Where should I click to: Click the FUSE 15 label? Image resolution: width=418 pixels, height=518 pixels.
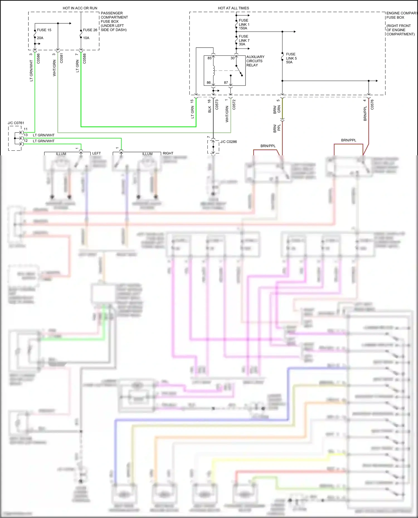tap(44, 30)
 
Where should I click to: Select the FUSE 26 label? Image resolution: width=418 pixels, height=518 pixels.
tap(90, 30)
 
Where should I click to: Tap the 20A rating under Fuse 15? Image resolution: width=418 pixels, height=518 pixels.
tap(40, 38)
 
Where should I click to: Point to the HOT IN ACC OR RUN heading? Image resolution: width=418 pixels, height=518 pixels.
tap(80, 8)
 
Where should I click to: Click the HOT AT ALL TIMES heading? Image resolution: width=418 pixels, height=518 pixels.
tap(233, 8)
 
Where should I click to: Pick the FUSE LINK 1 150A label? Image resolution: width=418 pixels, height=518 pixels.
tap(244, 24)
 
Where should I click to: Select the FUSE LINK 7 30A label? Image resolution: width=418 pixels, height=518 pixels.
tap(244, 40)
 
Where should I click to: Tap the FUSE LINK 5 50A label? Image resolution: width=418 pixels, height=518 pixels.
tap(291, 58)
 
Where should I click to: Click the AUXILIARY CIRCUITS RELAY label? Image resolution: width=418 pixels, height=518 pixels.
tap(255, 61)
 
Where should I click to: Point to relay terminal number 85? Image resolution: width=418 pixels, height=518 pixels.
tap(209, 58)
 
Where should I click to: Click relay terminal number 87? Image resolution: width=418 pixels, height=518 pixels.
tap(226, 83)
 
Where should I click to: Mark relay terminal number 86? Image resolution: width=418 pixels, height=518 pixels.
tap(208, 83)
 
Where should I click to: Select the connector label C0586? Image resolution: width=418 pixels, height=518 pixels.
tap(38, 58)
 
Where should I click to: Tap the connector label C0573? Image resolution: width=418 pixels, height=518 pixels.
tap(217, 105)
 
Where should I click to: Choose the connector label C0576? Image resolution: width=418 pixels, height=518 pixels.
tap(372, 105)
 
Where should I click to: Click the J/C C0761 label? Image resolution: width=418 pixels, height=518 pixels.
tap(16, 123)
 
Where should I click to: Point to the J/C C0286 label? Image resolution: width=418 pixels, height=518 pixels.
tap(228, 142)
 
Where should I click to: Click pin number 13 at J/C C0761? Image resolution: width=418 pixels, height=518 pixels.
tap(26, 135)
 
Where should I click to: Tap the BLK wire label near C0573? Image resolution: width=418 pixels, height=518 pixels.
tap(210, 110)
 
